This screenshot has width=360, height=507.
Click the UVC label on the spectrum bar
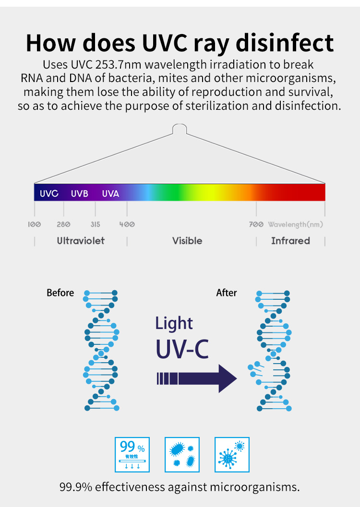[x=49, y=193]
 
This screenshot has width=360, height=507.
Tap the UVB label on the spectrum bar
[x=80, y=193]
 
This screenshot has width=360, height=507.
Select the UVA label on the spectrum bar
[x=110, y=193]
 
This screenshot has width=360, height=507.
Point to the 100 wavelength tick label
[x=34, y=224]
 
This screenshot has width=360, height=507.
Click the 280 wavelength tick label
[x=63, y=224]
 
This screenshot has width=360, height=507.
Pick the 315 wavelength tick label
[x=95, y=224]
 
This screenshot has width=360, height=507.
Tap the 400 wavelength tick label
[x=127, y=224]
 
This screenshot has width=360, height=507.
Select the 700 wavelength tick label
[x=256, y=224]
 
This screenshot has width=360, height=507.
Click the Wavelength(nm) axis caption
[x=295, y=224]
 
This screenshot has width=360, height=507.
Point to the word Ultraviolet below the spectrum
[x=81, y=241]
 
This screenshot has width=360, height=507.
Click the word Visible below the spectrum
[x=187, y=241]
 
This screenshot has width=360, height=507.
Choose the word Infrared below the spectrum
[x=290, y=241]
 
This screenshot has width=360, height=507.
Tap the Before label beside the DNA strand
[x=60, y=293]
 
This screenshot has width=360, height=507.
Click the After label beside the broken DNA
[x=227, y=293]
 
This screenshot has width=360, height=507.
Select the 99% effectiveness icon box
[x=132, y=455]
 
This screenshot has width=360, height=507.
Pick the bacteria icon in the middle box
[x=182, y=455]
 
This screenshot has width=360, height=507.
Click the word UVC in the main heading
[x=165, y=43]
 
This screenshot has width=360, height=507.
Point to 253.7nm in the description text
[x=118, y=65]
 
